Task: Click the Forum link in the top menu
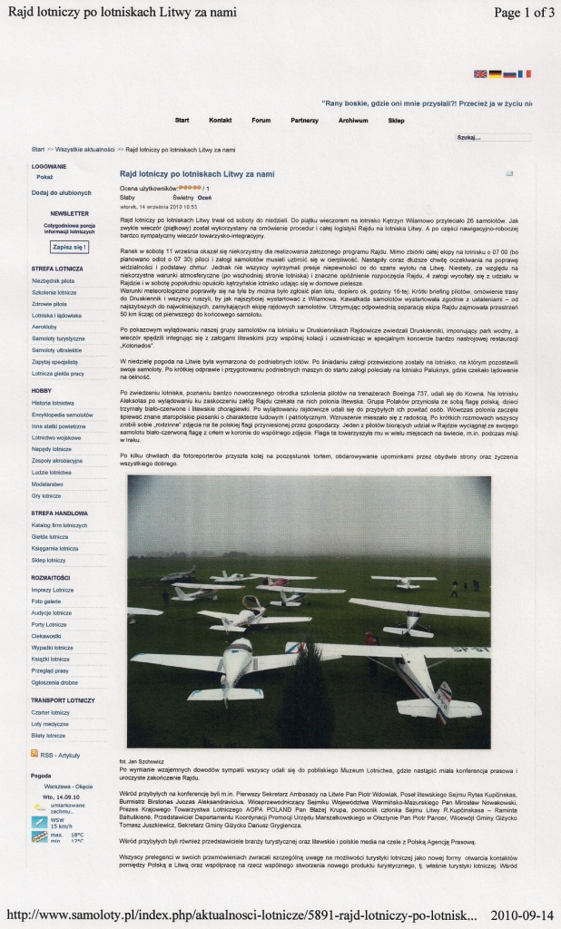point(261,120)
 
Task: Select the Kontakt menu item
point(221,120)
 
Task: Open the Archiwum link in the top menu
point(353,120)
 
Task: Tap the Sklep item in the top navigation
point(397,120)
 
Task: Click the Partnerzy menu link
point(305,120)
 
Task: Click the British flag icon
point(480,74)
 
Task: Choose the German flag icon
point(495,74)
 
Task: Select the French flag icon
point(525,74)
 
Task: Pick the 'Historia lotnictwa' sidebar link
point(53,402)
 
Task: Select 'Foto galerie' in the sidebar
point(48,601)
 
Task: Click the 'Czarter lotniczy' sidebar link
point(51,712)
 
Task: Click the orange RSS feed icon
point(34,754)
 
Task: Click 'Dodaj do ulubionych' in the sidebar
point(61,192)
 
